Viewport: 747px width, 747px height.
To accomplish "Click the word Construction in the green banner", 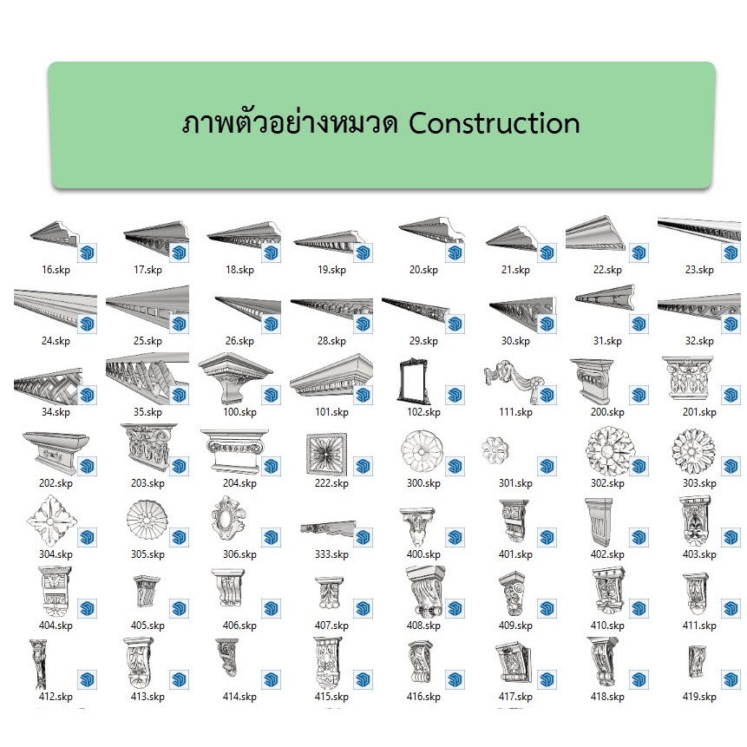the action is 494,123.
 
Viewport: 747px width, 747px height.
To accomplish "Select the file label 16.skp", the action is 56,270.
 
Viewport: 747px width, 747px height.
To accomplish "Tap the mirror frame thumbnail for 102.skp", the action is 414,381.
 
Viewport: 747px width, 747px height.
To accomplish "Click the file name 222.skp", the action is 331,483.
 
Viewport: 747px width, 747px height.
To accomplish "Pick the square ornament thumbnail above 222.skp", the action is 326,455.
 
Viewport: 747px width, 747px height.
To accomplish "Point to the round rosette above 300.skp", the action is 422,451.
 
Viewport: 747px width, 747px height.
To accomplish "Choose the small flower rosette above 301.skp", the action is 495,450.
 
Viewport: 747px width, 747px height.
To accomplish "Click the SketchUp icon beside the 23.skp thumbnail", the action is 731,252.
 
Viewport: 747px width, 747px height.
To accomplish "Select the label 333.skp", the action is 331,554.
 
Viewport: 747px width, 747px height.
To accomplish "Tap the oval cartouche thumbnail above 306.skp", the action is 227,518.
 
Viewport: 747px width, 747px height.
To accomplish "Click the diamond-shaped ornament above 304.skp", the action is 51,521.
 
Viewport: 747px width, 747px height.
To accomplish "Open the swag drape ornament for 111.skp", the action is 514,377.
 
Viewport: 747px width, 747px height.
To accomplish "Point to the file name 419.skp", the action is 699,697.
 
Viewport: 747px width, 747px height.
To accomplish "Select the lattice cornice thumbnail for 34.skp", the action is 48,386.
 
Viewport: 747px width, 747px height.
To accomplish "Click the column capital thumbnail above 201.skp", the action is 687,379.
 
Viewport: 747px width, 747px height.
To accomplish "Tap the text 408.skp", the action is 423,625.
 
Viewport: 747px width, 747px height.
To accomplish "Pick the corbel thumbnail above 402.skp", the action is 600,522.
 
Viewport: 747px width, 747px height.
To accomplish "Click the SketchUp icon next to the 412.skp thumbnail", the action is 87,679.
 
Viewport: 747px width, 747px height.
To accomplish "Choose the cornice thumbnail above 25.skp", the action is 147,307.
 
